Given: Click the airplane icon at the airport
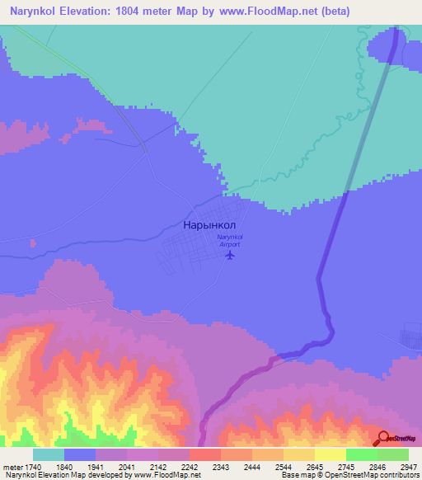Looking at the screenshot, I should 230,254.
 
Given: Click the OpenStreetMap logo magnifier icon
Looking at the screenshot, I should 383,439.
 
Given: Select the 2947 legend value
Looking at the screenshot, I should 399,467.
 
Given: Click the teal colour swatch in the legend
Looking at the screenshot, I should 49,454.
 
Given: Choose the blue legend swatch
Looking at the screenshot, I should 80,454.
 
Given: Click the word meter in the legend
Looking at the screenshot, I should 13,467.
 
